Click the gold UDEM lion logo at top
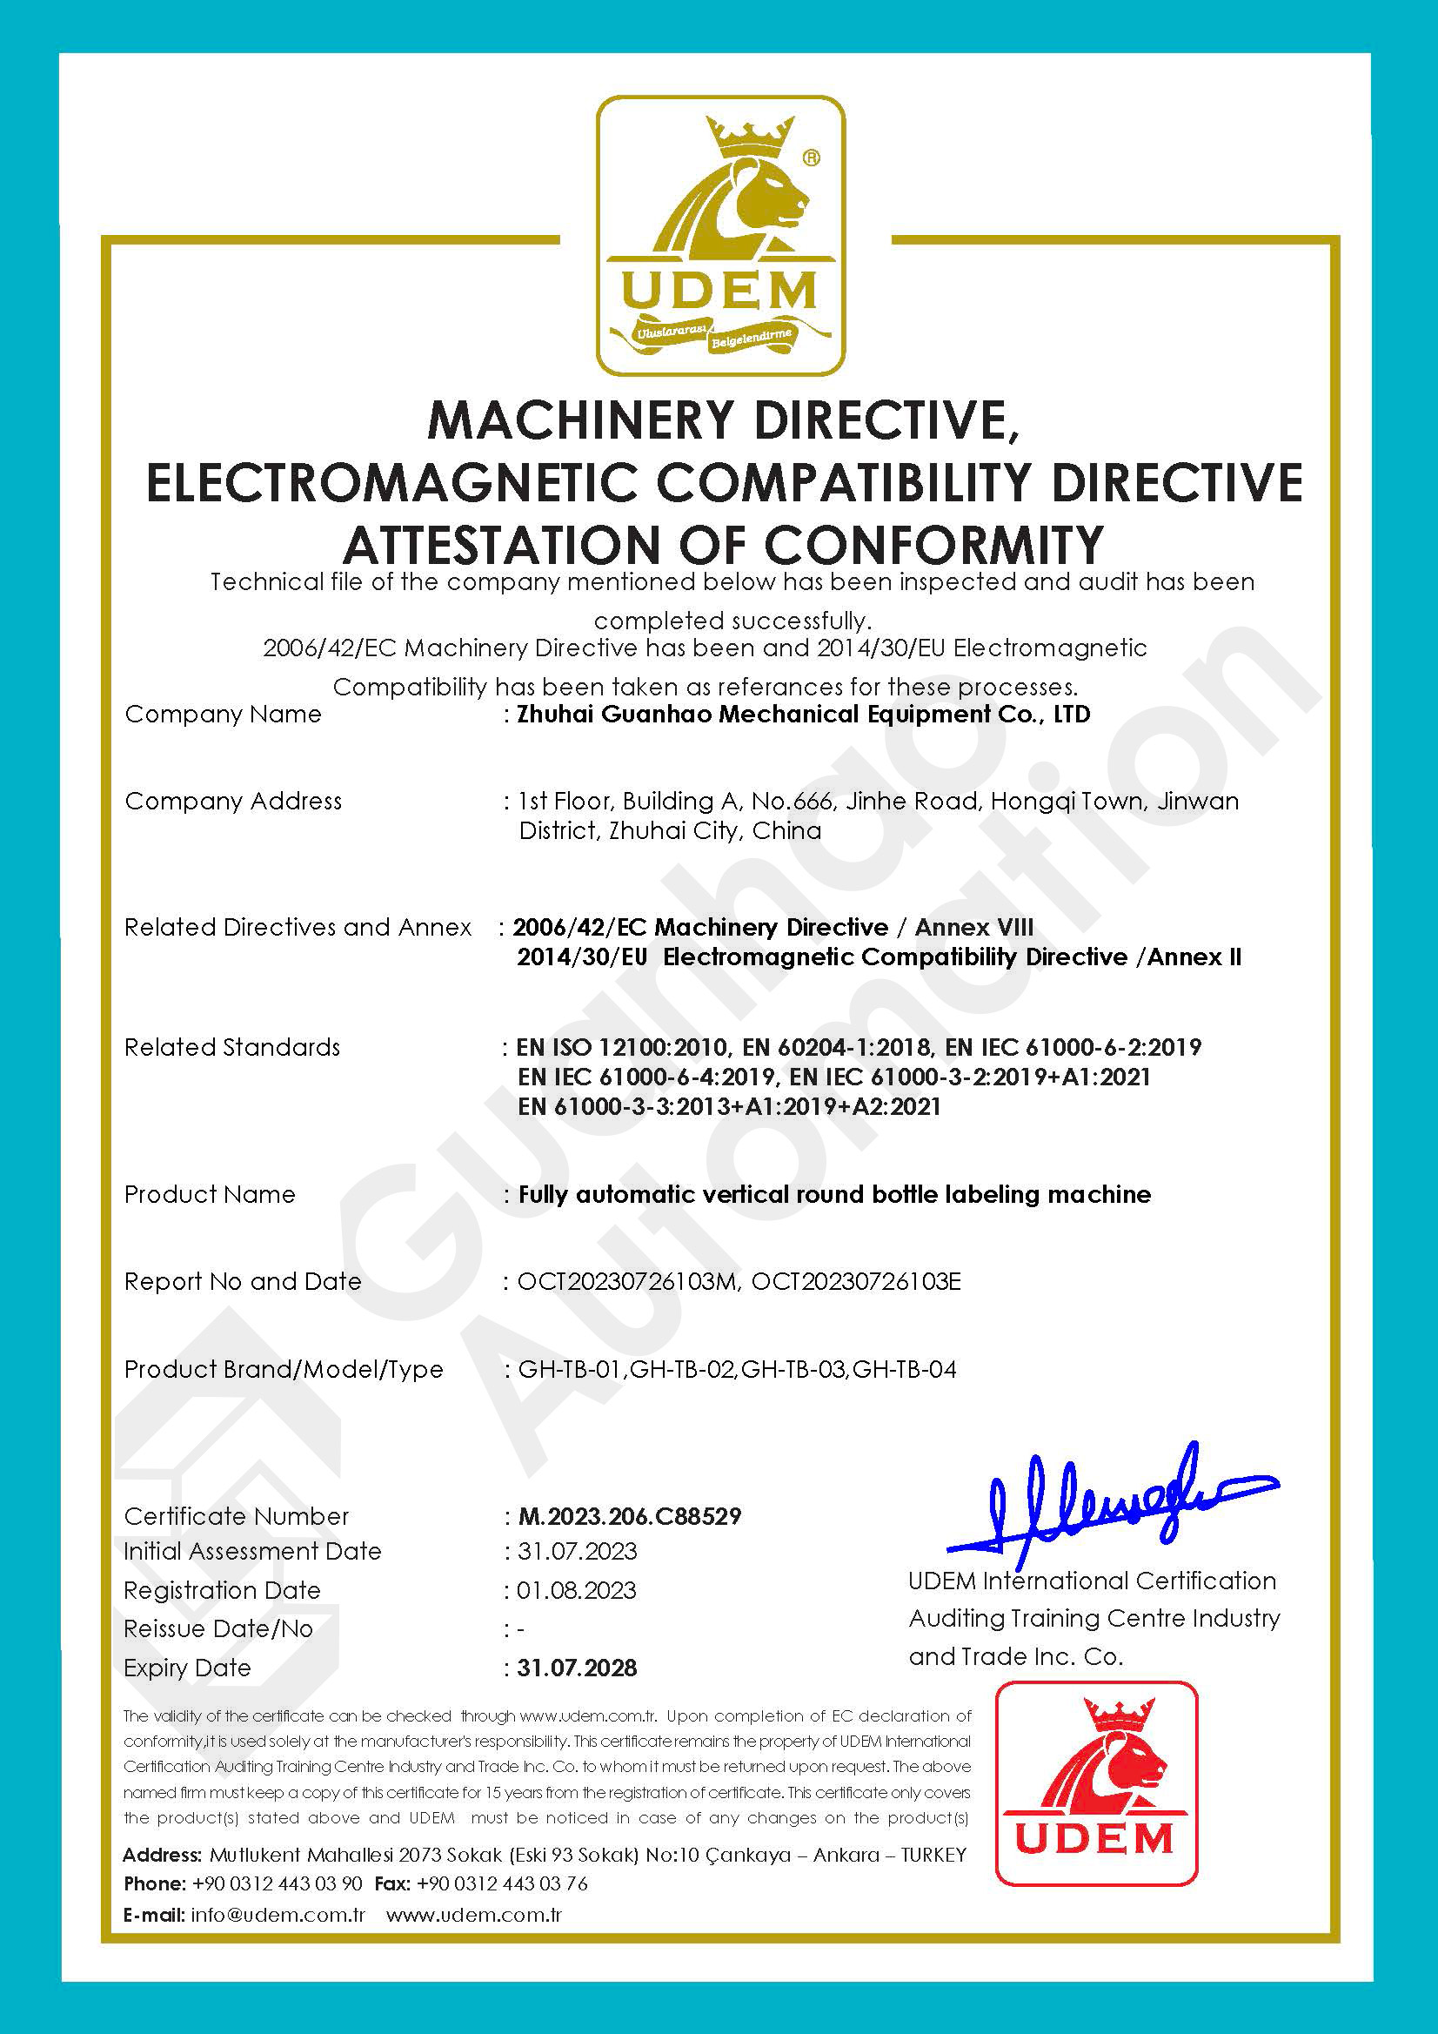(720, 235)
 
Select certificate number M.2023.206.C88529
(629, 1517)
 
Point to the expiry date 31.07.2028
(577, 1668)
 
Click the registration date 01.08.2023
(577, 1590)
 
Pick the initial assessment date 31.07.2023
(578, 1551)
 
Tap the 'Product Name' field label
(210, 1194)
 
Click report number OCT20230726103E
(855, 1281)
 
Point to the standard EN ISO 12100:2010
(624, 1047)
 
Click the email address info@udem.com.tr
(278, 1915)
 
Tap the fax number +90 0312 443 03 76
(502, 1883)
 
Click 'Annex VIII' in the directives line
(974, 928)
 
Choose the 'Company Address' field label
(233, 801)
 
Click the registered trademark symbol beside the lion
(810, 158)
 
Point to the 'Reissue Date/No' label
(218, 1628)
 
